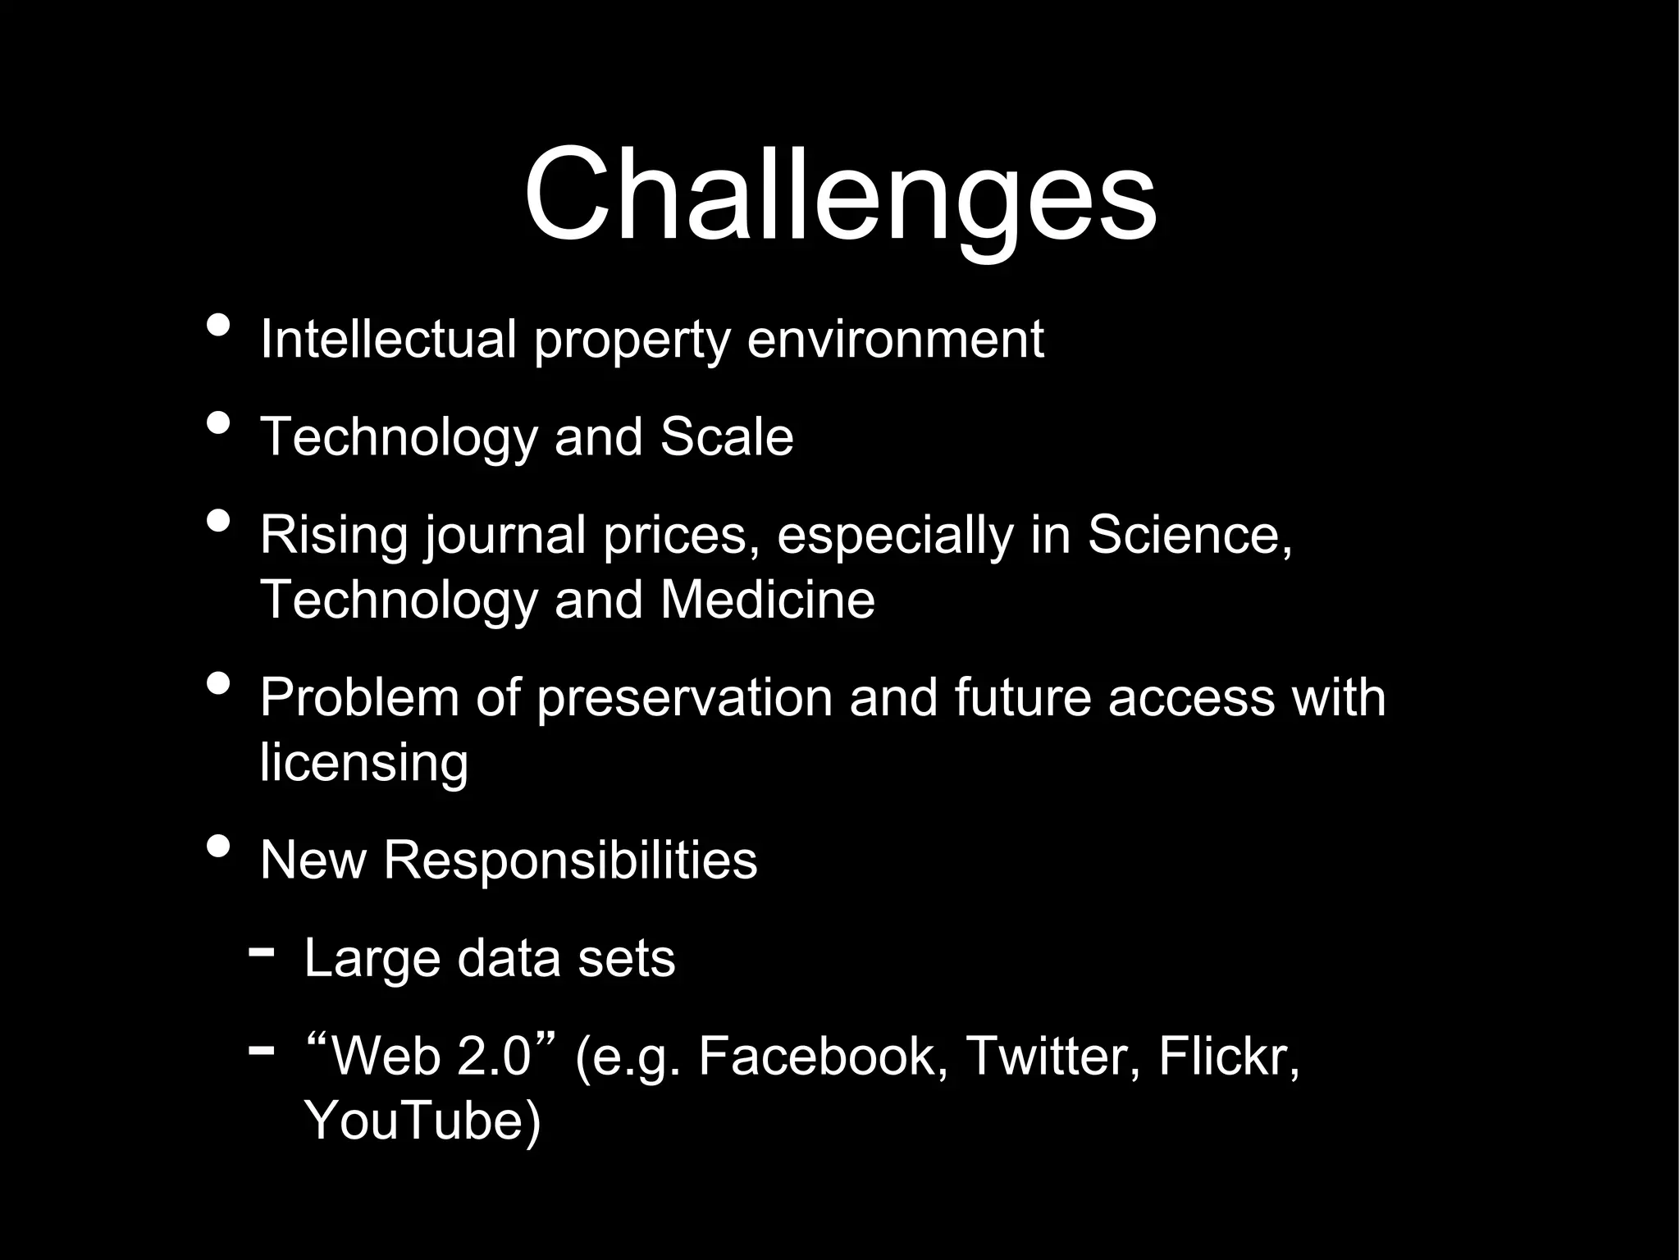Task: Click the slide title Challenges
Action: [840, 197]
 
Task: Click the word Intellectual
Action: [388, 339]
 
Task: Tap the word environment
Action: [895, 339]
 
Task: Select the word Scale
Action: [727, 436]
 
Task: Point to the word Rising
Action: [333, 535]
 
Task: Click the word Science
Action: [1189, 535]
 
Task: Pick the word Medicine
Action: [768, 600]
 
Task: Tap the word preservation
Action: [684, 698]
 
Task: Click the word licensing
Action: [364, 763]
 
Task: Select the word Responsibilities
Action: [570, 861]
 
